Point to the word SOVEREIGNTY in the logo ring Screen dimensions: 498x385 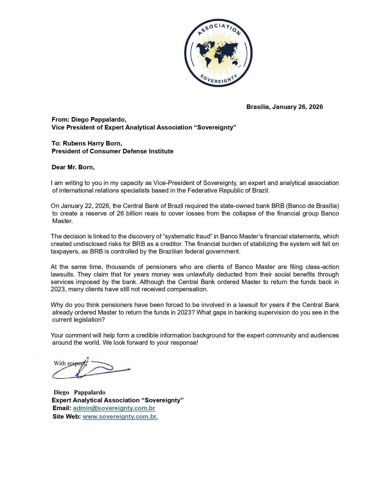(218, 79)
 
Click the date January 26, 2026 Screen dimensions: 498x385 (297, 107)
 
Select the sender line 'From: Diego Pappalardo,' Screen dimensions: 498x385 (89, 120)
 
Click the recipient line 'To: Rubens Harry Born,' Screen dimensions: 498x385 (87, 143)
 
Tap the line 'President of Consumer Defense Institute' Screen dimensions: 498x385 (112, 151)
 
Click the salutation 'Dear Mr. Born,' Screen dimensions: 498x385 (73, 167)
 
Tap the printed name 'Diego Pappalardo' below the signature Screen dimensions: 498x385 (79, 392)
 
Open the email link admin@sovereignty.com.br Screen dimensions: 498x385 (114, 408)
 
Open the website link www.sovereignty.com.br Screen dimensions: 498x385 (120, 417)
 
